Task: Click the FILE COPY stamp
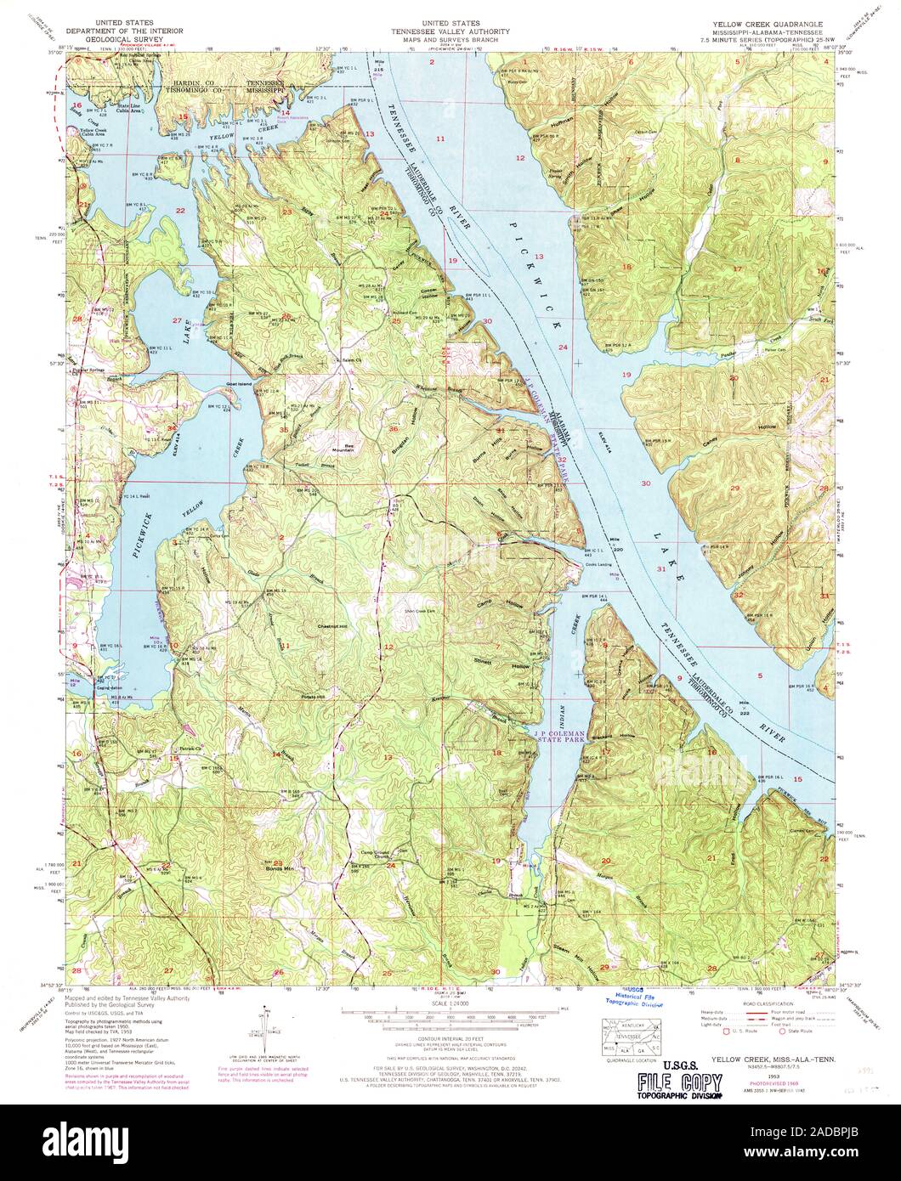(681, 1084)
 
